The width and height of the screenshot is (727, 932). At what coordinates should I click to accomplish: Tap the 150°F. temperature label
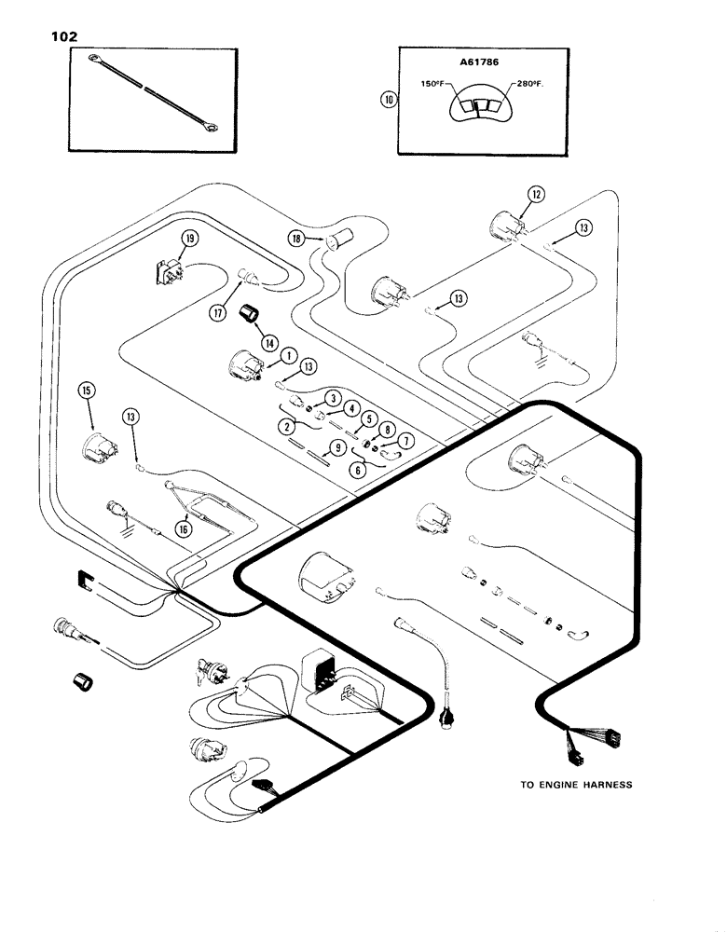(x=435, y=85)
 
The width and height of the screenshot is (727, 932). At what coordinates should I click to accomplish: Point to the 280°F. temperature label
(x=524, y=85)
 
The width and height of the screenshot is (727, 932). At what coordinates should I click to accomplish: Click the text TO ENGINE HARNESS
(x=575, y=785)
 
